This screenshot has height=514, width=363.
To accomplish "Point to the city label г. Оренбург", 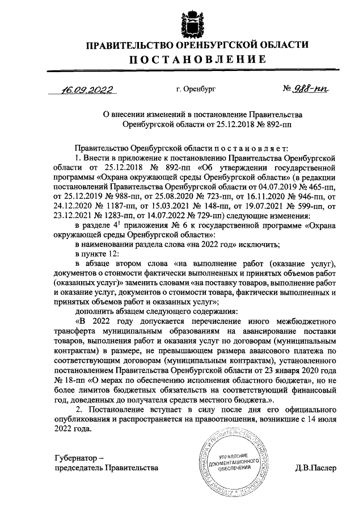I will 196,89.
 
